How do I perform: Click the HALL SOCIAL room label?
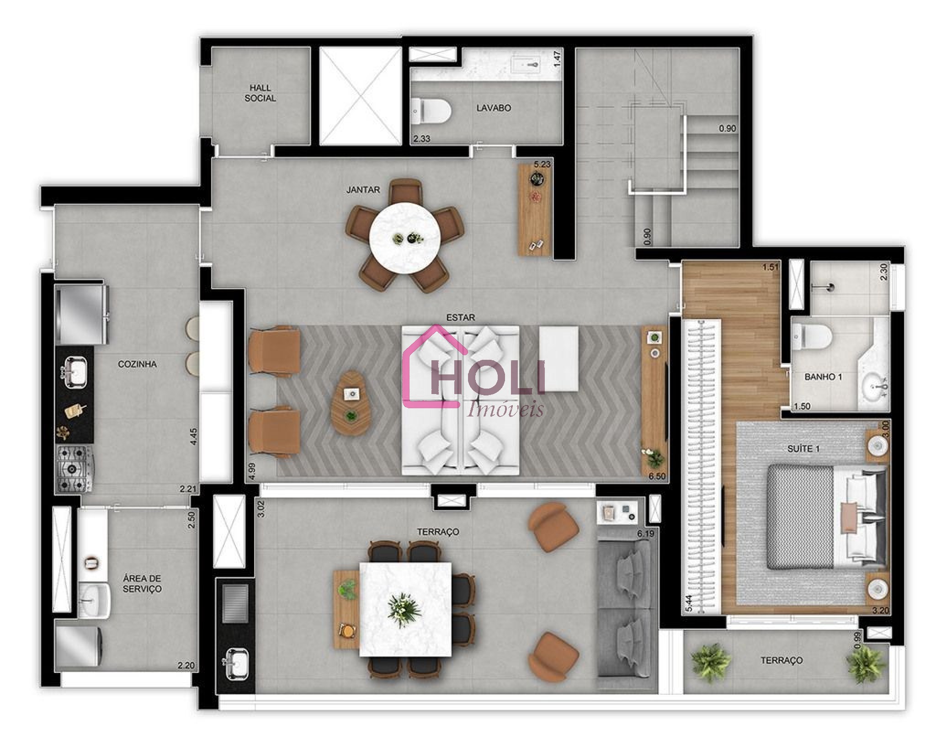tap(260, 93)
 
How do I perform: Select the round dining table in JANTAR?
tap(405, 238)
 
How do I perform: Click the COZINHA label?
tap(137, 364)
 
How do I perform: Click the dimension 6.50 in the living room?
tap(657, 476)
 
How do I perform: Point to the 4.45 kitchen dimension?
tap(194, 436)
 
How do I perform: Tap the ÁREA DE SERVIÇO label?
tap(142, 584)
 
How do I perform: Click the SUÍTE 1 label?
tap(803, 449)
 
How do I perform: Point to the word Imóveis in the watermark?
tap(505, 409)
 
